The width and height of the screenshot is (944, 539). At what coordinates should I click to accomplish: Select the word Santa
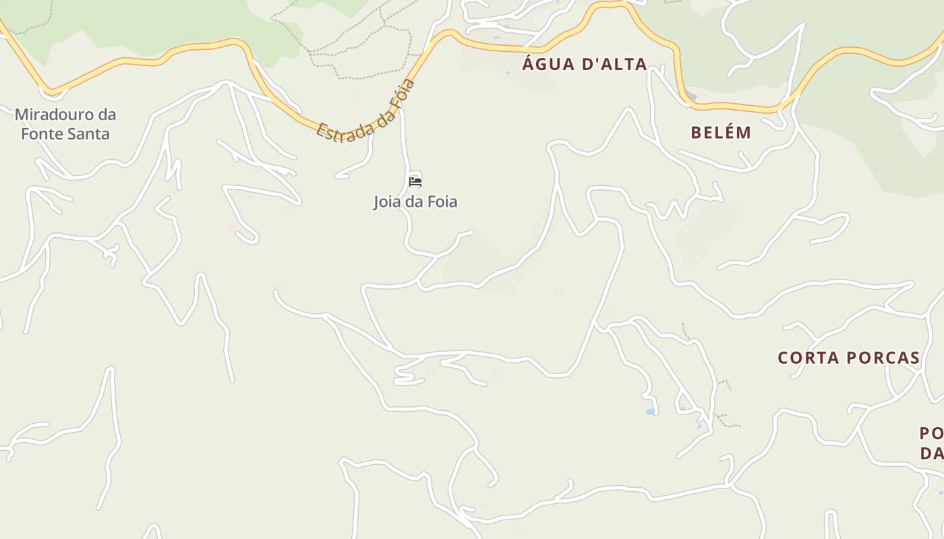[90, 133]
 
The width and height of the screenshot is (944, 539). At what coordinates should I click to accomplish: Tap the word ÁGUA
[548, 64]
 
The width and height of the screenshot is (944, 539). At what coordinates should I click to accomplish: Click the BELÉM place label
[721, 132]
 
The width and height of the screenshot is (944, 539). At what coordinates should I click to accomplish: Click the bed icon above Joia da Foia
[415, 182]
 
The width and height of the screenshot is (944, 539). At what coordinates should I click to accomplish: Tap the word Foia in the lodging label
[442, 201]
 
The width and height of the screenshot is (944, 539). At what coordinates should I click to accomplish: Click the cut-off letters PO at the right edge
[931, 433]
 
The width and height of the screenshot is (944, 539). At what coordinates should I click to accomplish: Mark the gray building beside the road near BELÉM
[690, 96]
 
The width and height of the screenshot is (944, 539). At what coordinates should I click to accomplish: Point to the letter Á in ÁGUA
[530, 64]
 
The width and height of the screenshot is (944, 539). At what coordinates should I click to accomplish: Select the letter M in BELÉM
[744, 132]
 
